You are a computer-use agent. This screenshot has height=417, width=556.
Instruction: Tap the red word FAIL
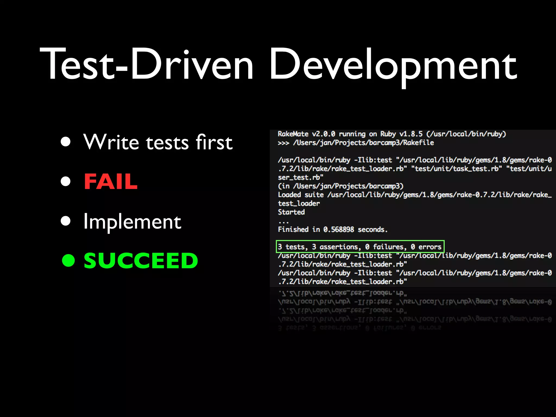tap(111, 181)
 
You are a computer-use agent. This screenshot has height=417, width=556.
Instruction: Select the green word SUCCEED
tap(141, 261)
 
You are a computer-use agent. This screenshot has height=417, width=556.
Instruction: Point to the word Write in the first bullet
tap(111, 142)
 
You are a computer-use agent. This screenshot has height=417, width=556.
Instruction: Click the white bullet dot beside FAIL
tap(66, 181)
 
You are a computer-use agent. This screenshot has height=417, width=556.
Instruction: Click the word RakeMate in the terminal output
tap(293, 134)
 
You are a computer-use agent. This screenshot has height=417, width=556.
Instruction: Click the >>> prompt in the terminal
tap(283, 143)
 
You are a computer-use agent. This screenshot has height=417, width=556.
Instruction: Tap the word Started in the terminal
tap(291, 212)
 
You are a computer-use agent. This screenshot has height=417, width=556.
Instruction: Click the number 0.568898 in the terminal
tap(339, 230)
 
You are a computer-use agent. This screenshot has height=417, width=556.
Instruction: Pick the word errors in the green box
tap(430, 247)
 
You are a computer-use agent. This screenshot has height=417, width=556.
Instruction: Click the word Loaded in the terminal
tap(289, 195)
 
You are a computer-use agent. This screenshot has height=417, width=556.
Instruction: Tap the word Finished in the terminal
tap(293, 230)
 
